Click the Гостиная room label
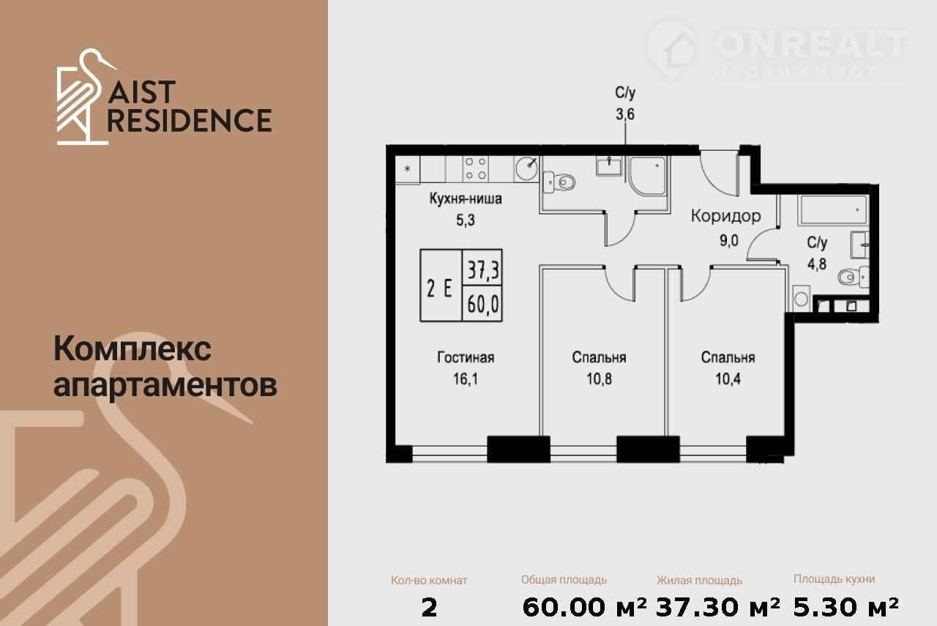[466, 357]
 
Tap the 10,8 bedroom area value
[599, 379]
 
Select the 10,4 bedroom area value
[728, 379]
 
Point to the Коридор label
[725, 216]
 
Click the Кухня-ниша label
[466, 198]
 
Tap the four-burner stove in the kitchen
[476, 168]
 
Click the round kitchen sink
[526, 168]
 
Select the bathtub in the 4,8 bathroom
[834, 210]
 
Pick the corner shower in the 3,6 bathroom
[648, 176]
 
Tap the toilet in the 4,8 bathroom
[854, 277]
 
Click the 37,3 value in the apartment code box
[483, 270]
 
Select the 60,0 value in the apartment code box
[483, 304]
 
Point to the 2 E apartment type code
[439, 288]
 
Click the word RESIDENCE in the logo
[190, 121]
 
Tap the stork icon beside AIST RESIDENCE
[86, 97]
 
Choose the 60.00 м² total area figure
[584, 607]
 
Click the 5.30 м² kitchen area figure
[845, 607]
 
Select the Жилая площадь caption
[699, 581]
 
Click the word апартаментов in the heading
[165, 385]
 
